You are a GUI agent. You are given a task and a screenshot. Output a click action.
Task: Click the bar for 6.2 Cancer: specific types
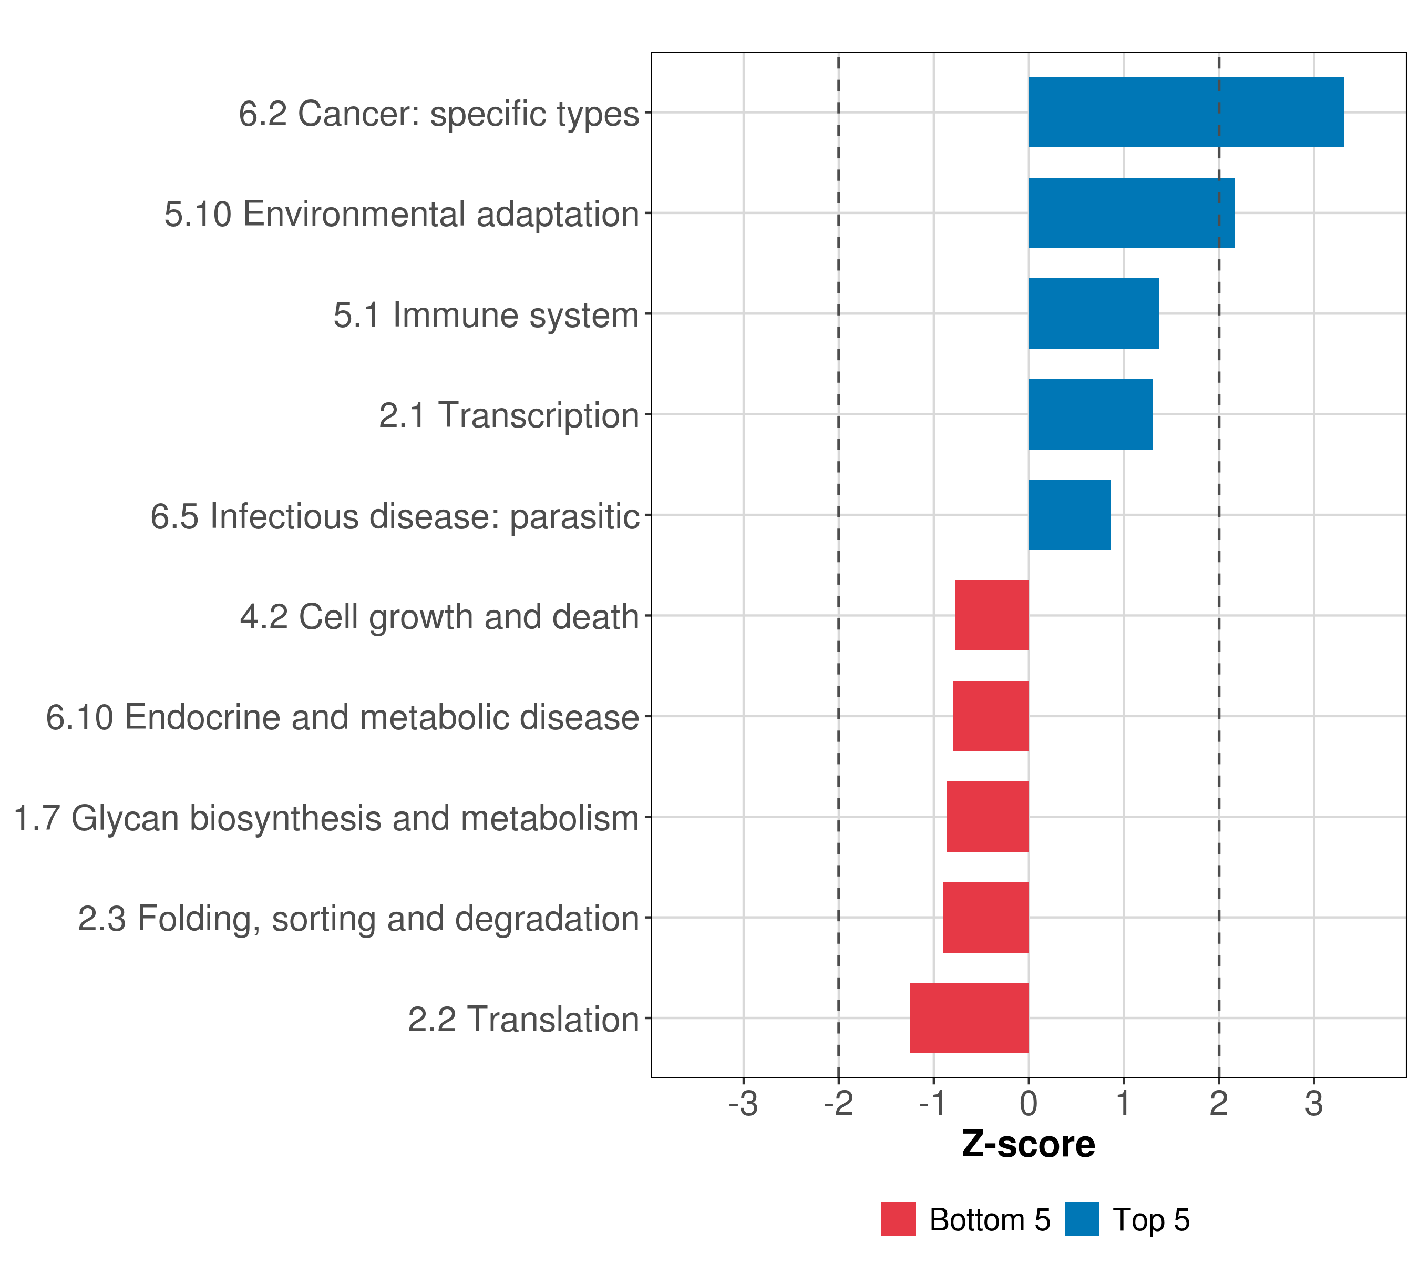tap(1186, 113)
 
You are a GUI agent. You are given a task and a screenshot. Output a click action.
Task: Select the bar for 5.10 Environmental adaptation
tap(1132, 213)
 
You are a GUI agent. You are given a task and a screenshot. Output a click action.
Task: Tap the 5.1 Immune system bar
tap(1093, 313)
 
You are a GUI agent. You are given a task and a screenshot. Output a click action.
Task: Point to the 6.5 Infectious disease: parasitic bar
tap(1069, 515)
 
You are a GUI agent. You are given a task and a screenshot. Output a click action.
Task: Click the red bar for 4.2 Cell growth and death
tap(992, 615)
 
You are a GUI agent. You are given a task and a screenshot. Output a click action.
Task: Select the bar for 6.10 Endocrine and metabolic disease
tap(991, 716)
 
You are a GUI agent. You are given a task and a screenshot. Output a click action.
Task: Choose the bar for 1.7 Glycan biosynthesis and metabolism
tap(987, 817)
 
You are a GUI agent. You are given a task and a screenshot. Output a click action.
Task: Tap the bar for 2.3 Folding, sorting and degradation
tap(986, 918)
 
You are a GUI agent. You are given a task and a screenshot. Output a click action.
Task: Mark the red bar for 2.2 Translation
tap(969, 1018)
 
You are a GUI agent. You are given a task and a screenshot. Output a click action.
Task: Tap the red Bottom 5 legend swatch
tap(898, 1219)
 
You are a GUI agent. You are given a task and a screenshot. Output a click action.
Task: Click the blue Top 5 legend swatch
tap(1082, 1219)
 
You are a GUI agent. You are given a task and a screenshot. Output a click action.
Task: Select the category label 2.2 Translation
tap(523, 1020)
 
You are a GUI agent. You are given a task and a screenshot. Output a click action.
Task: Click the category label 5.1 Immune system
tap(486, 314)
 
